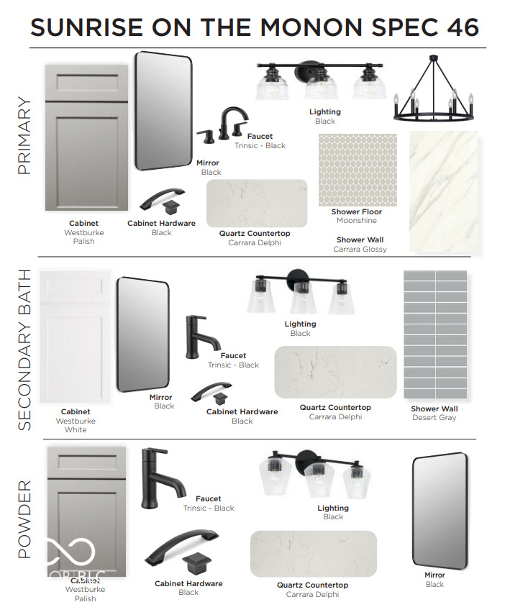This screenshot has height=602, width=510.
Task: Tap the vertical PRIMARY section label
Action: pos(24,135)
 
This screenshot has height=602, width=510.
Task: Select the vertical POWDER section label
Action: pos(24,519)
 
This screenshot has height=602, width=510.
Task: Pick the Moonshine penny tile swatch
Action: pos(358,170)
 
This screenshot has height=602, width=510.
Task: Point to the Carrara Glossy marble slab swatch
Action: pos(444,191)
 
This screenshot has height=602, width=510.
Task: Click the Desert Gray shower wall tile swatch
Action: pos(435,334)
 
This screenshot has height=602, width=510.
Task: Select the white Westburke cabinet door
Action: pos(75,337)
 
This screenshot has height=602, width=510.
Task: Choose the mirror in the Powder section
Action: pos(440,511)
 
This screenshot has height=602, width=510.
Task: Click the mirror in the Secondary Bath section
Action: pos(143,334)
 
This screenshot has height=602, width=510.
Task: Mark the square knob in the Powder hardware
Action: pos(196,563)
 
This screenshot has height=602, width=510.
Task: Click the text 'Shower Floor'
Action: pos(356,211)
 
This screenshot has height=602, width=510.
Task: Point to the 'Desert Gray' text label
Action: pos(434,417)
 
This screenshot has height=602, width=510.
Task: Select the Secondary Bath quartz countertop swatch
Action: pos(335,372)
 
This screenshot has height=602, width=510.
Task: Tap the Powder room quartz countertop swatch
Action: pos(314,554)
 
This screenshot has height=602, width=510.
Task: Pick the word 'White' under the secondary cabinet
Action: pos(76,429)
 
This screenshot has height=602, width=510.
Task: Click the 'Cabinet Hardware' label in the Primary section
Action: pos(161,223)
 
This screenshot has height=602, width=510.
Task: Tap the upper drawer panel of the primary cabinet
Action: pos(87,83)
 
